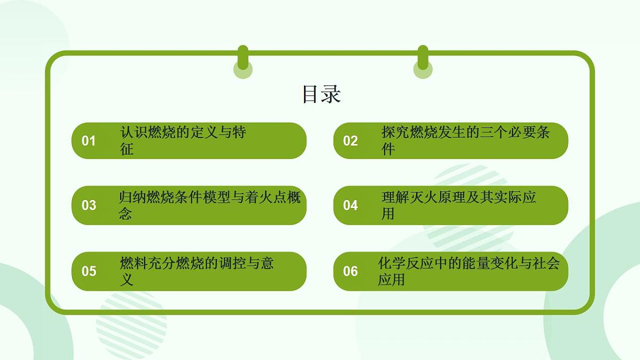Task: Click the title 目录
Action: (x=321, y=94)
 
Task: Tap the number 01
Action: (x=89, y=141)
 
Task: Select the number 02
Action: (x=350, y=141)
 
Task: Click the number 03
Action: (x=89, y=205)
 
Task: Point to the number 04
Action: (x=350, y=205)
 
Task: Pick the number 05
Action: (x=89, y=271)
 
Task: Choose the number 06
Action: (x=350, y=271)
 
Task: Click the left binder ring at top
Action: (x=243, y=61)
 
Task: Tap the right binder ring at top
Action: (x=423, y=61)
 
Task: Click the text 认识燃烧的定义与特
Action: (x=183, y=133)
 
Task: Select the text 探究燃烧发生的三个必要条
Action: (x=466, y=133)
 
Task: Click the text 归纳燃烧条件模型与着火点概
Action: (x=210, y=198)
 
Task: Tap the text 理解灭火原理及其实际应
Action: (x=459, y=198)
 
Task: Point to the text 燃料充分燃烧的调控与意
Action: (x=197, y=263)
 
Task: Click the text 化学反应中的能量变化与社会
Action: (x=468, y=263)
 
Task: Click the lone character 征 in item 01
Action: (x=127, y=149)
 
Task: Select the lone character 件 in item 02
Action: (x=388, y=149)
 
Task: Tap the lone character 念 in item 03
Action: (x=125, y=214)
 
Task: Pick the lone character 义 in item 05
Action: (x=127, y=280)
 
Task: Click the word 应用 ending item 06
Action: (x=391, y=280)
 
